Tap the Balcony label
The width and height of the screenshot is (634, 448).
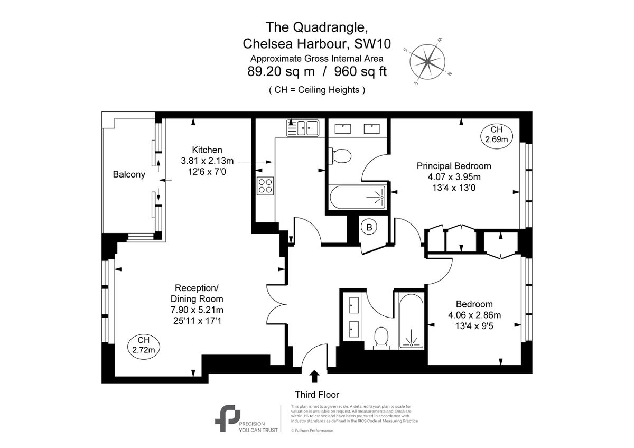129,175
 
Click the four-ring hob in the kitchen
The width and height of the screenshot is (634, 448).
265,185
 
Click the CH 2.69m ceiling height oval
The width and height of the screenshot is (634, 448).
496,135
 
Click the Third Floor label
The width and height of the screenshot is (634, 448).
316,394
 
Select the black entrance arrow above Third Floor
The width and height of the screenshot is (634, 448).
314,376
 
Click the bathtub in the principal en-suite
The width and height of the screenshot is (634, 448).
358,197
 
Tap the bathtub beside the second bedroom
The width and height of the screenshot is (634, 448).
411,320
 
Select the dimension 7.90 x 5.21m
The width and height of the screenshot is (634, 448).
197,310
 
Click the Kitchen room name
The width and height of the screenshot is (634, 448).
207,150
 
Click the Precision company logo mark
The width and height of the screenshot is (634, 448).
227,418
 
